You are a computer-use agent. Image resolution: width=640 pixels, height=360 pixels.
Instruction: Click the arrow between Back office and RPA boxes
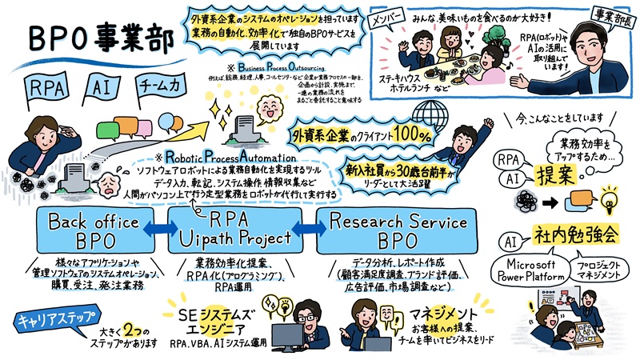(x=161, y=230)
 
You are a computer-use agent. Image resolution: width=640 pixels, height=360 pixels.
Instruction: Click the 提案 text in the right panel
(x=559, y=174)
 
